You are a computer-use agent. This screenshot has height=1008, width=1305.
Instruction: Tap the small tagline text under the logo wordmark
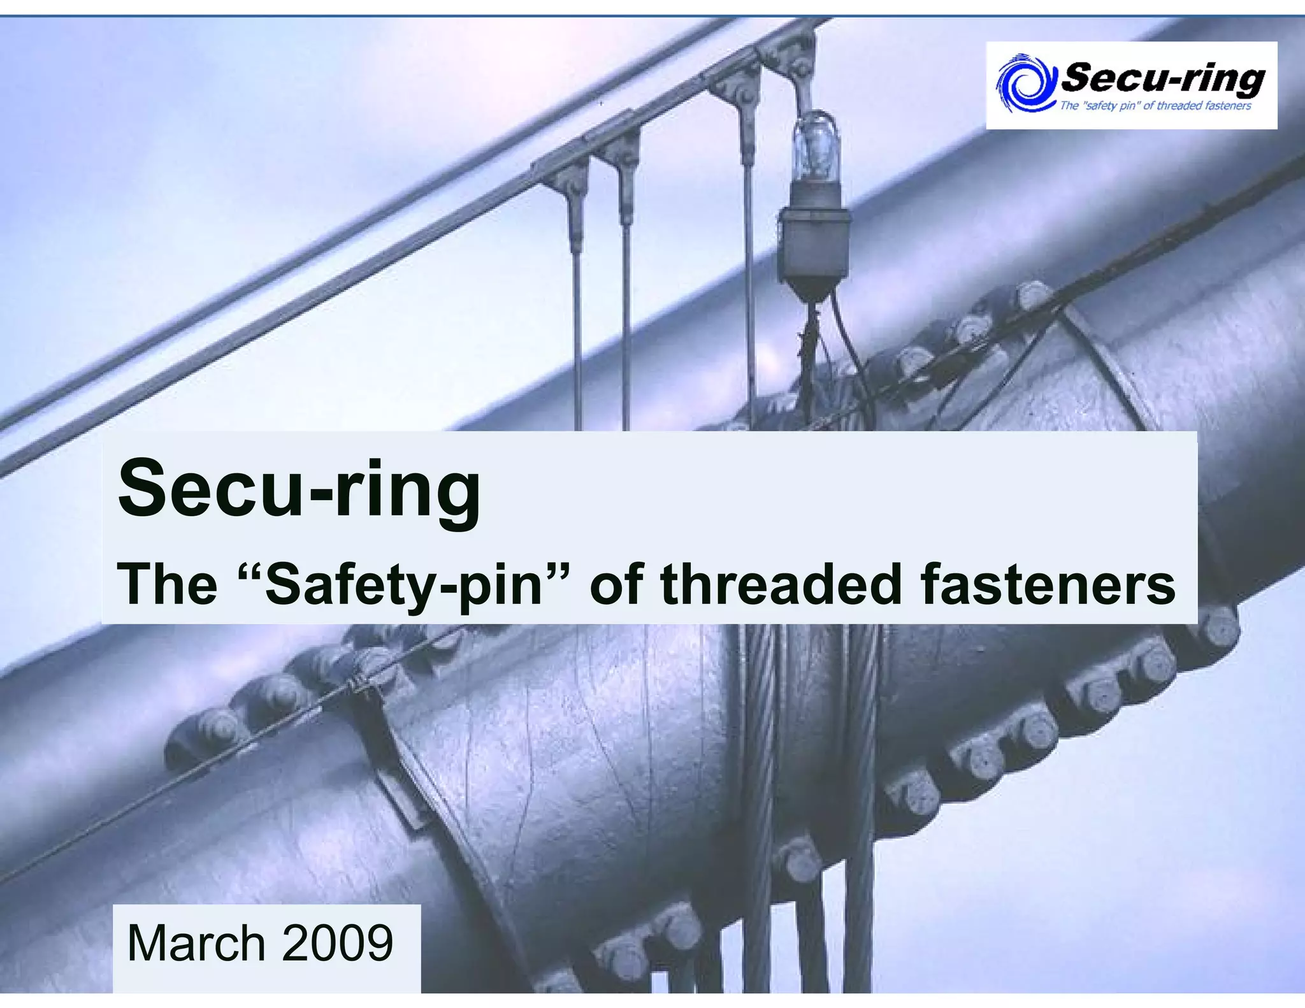point(1155,106)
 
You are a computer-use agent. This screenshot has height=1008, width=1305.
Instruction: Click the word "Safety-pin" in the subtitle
point(403,585)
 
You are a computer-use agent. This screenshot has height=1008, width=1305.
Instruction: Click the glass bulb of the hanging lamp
point(816,147)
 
